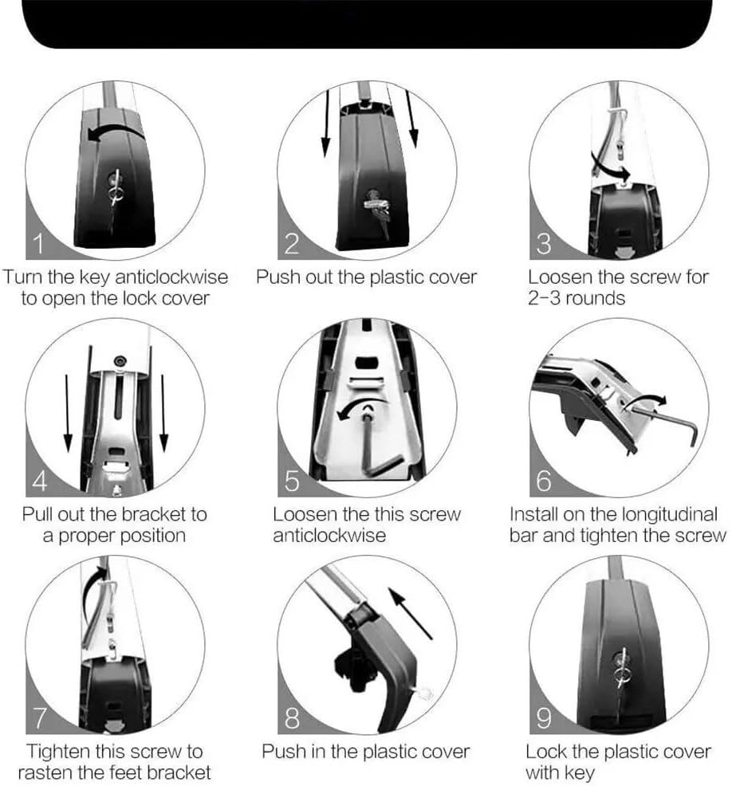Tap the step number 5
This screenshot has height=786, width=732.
(292, 481)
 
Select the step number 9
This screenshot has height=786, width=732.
(544, 718)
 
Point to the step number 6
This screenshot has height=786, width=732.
(544, 481)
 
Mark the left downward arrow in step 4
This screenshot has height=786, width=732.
(69, 415)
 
